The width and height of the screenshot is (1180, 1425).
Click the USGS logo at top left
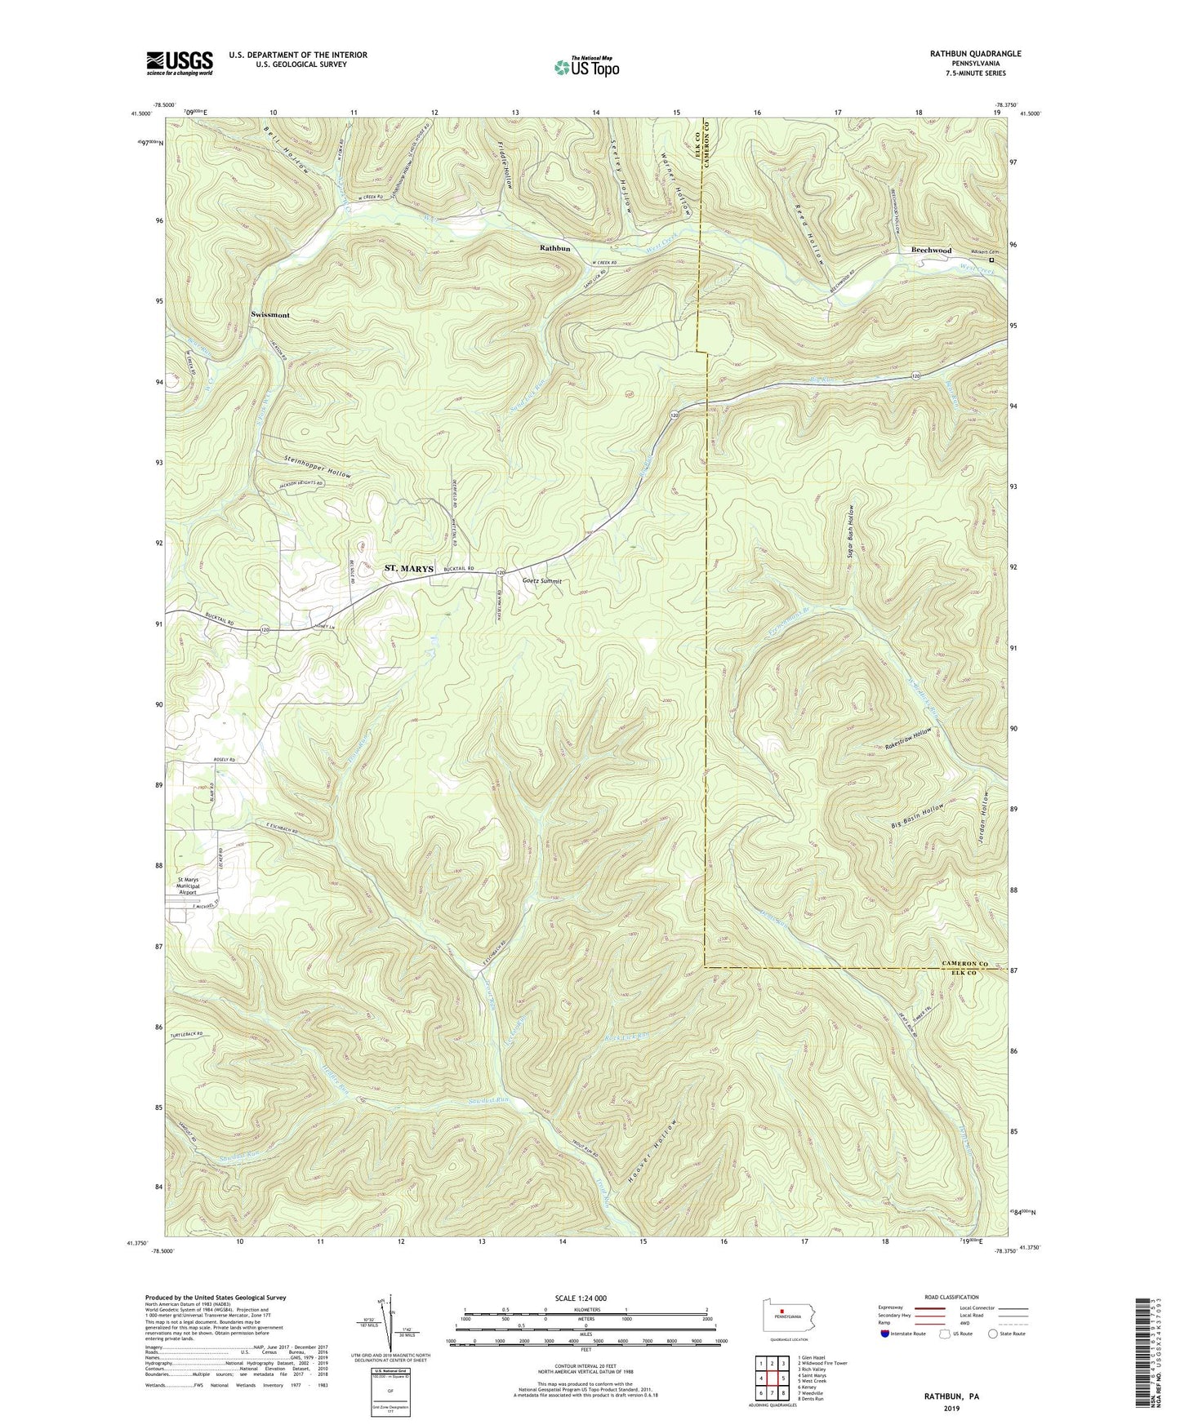179,62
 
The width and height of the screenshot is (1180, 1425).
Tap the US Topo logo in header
586,67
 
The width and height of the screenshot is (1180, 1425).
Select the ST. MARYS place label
409,568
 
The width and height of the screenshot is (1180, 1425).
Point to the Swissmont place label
270,314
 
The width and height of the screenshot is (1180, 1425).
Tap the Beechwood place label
931,251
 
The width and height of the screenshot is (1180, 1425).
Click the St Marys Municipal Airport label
189,886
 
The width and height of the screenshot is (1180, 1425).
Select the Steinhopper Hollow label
306,473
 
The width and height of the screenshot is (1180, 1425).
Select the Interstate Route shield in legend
886,1334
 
